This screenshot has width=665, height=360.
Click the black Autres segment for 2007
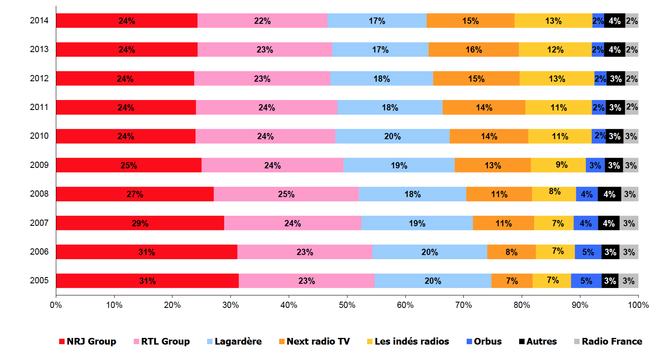609,223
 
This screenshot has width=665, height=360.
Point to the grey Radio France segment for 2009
631,165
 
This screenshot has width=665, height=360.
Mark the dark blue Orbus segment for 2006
588,252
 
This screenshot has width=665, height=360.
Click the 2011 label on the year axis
39,107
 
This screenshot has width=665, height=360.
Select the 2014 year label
39,20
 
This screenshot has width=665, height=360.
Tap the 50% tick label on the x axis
347,305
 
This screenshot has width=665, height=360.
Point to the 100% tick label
638,305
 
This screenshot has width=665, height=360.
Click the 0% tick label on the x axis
56,305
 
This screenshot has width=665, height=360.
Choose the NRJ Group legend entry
88,342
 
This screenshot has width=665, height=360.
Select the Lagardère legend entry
235,342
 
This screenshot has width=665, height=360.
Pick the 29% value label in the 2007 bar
140,223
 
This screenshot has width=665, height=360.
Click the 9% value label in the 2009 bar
562,165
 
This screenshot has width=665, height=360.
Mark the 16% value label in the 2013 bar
474,50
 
